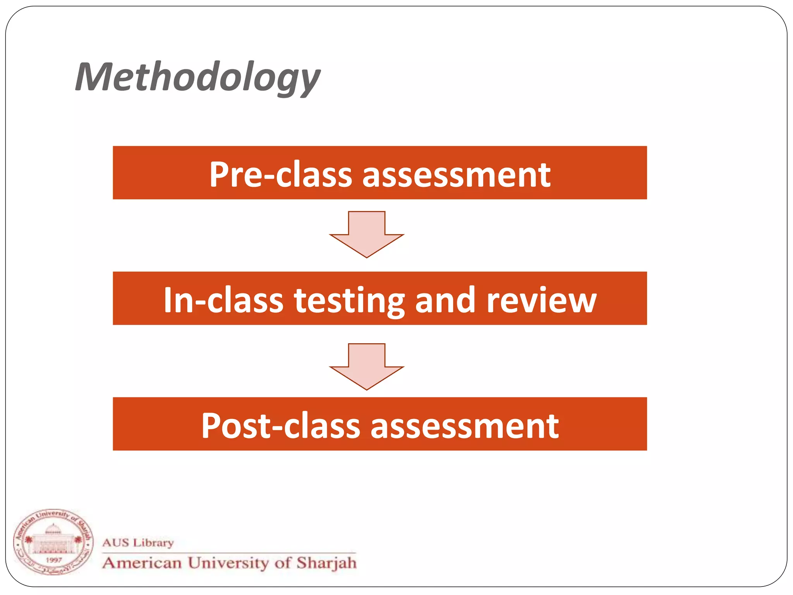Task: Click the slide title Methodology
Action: click(x=197, y=77)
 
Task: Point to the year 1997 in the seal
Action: click(x=53, y=560)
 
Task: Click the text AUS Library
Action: click(x=138, y=542)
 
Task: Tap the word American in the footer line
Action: click(x=142, y=563)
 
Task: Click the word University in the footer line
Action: click(x=228, y=563)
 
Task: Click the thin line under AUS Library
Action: click(x=228, y=553)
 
